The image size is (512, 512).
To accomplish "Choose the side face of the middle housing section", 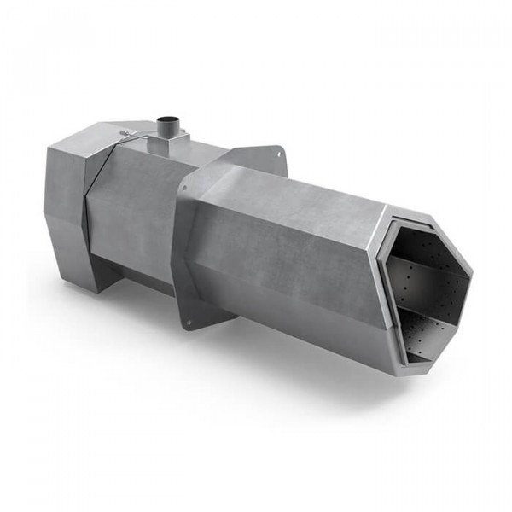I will coord(132,222).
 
